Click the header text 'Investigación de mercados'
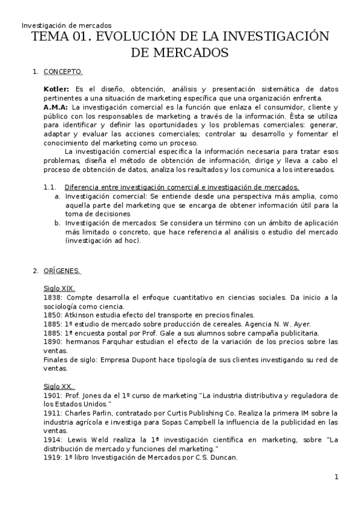(x=66, y=25)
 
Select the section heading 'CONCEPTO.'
(x=63, y=72)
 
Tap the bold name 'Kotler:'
(x=56, y=89)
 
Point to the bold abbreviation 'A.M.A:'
(x=56, y=107)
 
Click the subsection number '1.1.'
(x=49, y=187)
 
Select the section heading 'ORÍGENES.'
(x=63, y=271)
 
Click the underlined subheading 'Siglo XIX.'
(x=59, y=288)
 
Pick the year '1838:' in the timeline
(x=53, y=297)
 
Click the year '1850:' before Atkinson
(x=53, y=315)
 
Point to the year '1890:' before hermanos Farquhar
(x=53, y=342)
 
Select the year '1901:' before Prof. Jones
(x=53, y=395)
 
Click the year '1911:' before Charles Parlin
(x=53, y=413)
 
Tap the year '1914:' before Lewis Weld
(x=53, y=440)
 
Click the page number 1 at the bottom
(x=337, y=478)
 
